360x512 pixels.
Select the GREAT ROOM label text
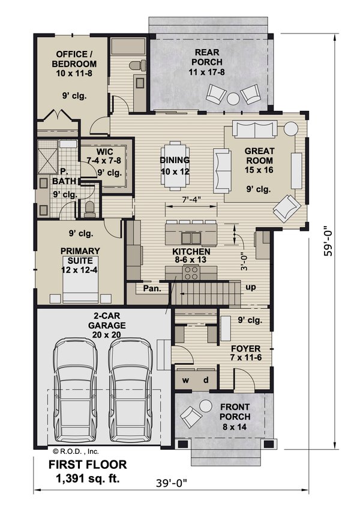[x=258, y=156]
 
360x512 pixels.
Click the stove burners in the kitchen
[x=191, y=273]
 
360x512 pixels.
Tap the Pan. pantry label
[x=151, y=289]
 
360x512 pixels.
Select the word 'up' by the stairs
[x=251, y=287]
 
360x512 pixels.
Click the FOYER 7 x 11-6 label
[x=246, y=353]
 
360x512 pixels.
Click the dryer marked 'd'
[x=205, y=380]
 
